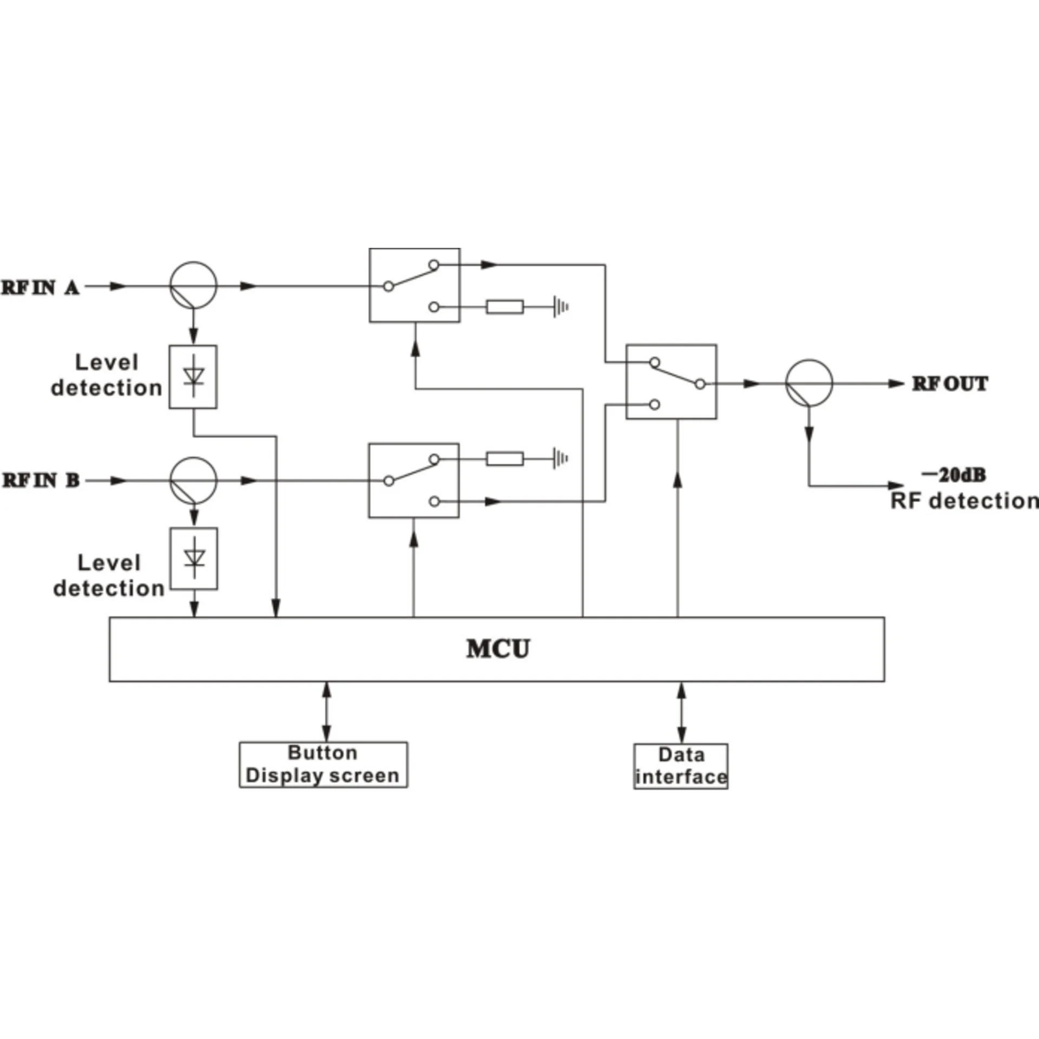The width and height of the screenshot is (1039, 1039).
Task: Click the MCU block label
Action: [498, 649]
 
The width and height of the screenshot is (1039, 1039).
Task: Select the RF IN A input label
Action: [41, 287]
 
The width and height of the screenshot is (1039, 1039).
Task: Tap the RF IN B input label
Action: [41, 481]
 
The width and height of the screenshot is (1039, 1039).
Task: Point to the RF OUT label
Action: [950, 384]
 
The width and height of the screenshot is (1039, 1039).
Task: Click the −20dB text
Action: [953, 475]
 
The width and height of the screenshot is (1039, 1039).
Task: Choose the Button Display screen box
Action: [323, 765]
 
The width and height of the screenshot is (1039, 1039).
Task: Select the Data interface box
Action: [681, 766]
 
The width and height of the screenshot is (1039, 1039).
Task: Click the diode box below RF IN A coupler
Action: [193, 377]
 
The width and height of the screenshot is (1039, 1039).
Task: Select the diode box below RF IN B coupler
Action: [194, 558]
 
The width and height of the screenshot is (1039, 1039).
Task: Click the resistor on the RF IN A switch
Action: [505, 307]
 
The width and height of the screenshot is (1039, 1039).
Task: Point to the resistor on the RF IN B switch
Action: [505, 459]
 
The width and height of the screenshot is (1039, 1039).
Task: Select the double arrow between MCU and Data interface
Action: [681, 713]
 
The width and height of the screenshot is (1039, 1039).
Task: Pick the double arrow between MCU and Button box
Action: [326, 712]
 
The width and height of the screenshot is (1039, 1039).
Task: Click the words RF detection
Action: [964, 501]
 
